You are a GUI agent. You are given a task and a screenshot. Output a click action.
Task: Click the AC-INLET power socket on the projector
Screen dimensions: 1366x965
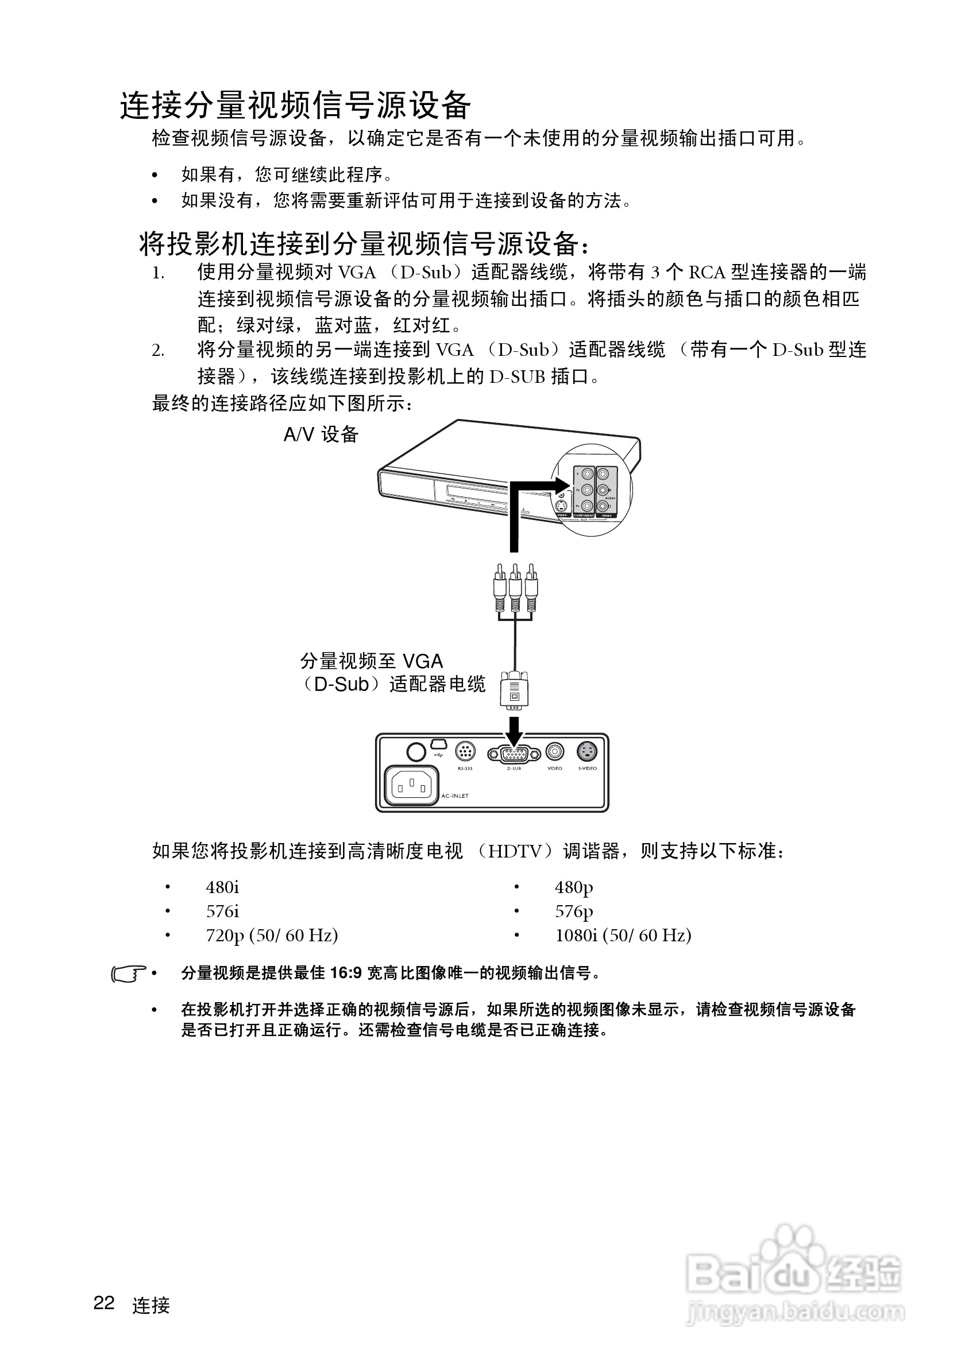(x=411, y=786)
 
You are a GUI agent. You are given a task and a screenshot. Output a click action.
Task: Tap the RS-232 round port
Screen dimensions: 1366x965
(x=465, y=751)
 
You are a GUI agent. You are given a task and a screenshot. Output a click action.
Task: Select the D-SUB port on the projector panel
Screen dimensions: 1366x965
(x=514, y=754)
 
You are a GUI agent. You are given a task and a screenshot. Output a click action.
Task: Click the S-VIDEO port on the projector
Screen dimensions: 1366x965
(x=588, y=752)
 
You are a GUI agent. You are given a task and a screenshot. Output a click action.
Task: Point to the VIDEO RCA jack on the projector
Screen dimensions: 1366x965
(x=555, y=752)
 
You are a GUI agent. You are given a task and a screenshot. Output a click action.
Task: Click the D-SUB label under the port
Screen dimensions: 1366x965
(x=514, y=769)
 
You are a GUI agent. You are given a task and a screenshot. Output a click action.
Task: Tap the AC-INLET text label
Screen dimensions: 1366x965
(x=455, y=796)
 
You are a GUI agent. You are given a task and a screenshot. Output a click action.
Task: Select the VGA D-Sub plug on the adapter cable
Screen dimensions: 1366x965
(x=514, y=690)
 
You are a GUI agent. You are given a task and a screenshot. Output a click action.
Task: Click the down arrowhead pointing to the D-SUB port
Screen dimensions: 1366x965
(x=514, y=734)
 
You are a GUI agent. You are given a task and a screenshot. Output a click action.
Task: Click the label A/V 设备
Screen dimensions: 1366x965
(x=321, y=435)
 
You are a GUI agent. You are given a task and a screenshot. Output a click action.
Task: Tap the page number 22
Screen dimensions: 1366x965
(x=104, y=1303)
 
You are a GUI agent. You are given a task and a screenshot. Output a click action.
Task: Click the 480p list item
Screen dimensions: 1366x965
(x=574, y=887)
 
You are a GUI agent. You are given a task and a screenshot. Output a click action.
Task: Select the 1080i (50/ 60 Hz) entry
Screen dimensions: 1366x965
(x=623, y=936)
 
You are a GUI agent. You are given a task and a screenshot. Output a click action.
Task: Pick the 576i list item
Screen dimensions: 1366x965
(x=223, y=911)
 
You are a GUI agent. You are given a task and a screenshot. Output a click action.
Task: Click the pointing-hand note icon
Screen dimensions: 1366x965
(x=129, y=974)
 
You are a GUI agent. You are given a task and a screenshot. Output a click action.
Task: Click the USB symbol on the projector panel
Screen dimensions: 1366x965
(x=439, y=755)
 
